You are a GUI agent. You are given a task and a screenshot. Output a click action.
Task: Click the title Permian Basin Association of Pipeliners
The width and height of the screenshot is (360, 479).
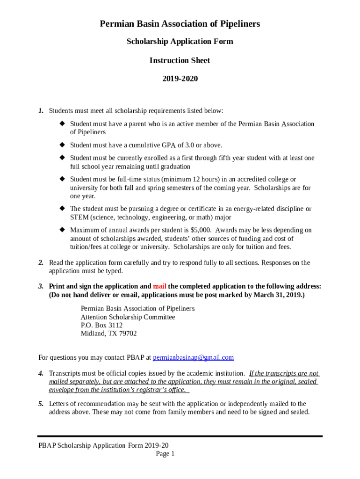[x=180, y=23]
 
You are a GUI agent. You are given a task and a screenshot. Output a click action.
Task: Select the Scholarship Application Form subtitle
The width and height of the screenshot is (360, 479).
[x=180, y=42]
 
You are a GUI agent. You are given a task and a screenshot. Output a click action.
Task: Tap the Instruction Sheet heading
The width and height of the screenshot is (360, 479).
[x=180, y=60]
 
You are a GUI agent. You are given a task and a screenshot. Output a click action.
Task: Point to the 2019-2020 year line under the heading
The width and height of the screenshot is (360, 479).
[x=180, y=79]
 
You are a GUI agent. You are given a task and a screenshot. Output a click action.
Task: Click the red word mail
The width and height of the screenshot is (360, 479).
[x=159, y=286]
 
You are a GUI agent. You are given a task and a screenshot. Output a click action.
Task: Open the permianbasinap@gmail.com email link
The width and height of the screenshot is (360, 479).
[x=193, y=357]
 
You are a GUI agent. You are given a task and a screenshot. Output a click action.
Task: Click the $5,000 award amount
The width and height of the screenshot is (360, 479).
[x=201, y=230]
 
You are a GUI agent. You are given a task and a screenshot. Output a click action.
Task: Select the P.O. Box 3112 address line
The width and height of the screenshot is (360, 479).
[x=101, y=325]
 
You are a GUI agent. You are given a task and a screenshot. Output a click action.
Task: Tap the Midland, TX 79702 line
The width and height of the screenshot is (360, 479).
[x=108, y=334]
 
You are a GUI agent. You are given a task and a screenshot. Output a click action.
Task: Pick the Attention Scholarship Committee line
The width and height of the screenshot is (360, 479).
[x=128, y=317]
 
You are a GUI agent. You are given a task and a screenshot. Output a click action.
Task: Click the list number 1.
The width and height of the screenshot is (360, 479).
[x=41, y=111]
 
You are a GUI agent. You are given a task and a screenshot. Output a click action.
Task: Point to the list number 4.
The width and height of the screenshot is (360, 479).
[x=41, y=373]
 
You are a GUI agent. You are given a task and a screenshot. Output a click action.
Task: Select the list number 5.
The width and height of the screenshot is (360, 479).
[x=41, y=404]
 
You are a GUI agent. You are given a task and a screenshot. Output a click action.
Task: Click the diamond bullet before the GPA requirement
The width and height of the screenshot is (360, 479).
[x=61, y=145]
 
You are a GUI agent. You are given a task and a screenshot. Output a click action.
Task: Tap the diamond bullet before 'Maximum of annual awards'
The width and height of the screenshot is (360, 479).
[x=61, y=230]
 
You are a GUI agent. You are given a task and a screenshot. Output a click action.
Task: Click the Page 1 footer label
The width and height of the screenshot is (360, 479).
[x=165, y=454]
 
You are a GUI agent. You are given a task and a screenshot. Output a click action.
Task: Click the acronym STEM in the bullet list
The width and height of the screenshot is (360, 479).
[x=79, y=217]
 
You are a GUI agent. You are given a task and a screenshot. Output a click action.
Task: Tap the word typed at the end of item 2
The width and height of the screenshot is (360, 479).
[x=114, y=271]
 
